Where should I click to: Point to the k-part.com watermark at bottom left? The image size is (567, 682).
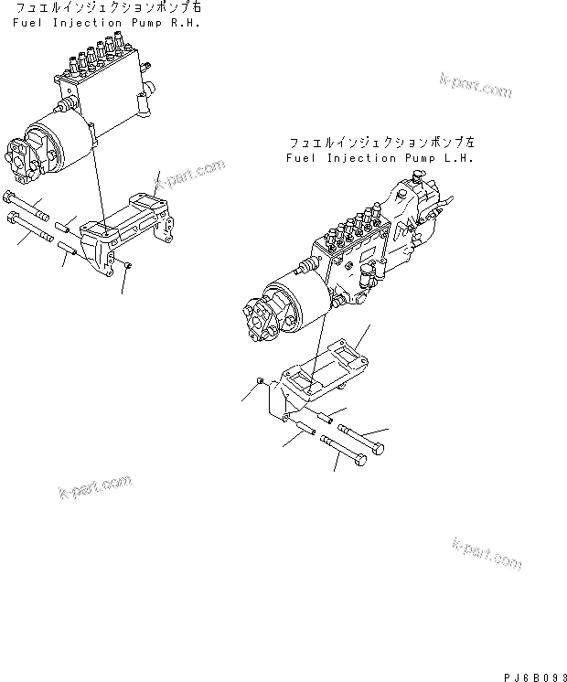(x=94, y=487)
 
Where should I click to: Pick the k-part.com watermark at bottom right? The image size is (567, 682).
(x=487, y=553)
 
